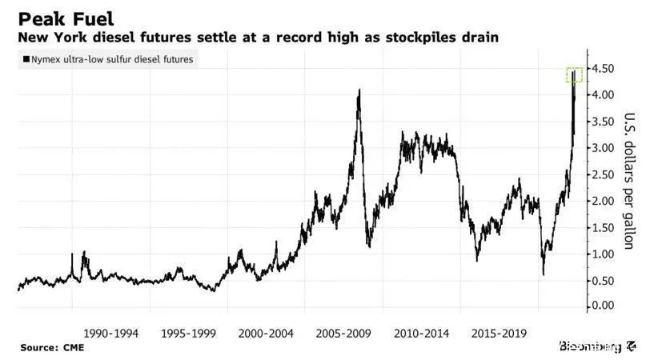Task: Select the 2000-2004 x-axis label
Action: tap(266, 332)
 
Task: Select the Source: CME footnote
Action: tap(52, 348)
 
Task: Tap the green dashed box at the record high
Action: tap(575, 75)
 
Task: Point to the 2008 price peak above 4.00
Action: tap(359, 91)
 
